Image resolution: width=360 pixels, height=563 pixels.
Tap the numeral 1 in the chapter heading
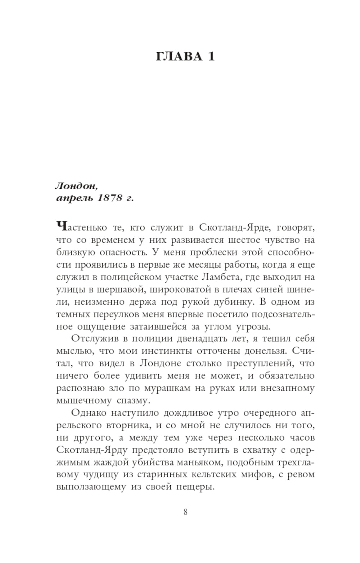pyautogui.click(x=211, y=57)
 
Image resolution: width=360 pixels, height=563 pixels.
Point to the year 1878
pyautogui.click(x=108, y=198)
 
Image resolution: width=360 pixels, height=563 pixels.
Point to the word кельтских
pyautogui.click(x=213, y=474)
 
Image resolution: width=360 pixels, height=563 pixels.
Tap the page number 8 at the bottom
pyautogui.click(x=185, y=512)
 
